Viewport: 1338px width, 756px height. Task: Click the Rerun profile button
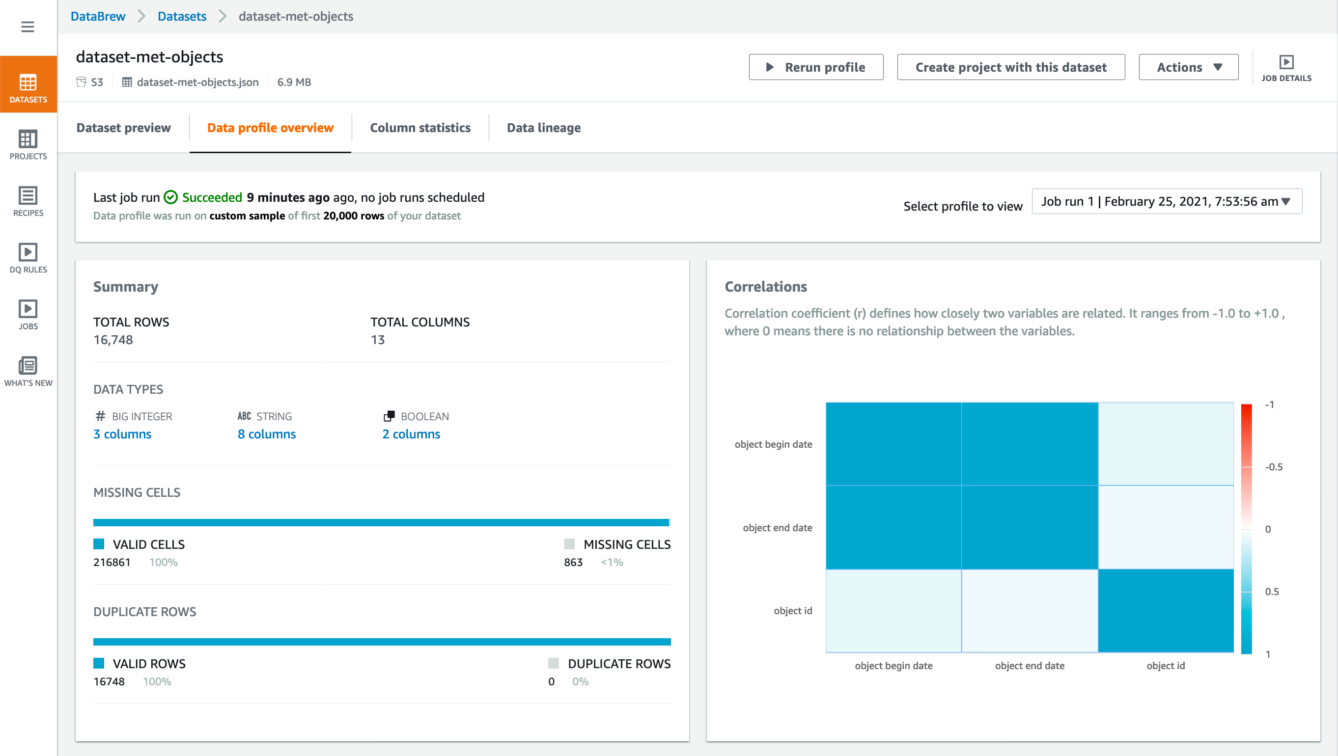pos(815,67)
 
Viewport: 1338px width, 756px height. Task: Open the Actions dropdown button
pos(1188,67)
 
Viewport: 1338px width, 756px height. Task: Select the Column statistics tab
pos(419,128)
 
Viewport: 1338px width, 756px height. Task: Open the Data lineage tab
pos(543,128)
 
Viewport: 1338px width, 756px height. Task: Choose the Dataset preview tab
pos(123,128)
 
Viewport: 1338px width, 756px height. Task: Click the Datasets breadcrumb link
pos(182,16)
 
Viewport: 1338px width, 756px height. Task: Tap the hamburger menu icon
pos(28,27)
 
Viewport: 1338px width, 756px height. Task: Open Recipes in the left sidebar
pos(28,201)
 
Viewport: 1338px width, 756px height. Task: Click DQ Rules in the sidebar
pos(28,258)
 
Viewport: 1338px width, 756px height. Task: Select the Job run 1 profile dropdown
pos(1166,201)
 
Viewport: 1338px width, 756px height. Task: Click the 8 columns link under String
pos(266,434)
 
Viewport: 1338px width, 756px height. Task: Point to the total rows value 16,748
pos(113,340)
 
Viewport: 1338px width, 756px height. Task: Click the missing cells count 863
pos(573,562)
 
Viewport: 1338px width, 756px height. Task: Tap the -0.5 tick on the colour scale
pos(1273,467)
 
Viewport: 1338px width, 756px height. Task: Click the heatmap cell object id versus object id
pos(1166,611)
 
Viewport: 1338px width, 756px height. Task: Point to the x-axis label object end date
pos(1030,666)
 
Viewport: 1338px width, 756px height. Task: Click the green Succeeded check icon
pos(170,197)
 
